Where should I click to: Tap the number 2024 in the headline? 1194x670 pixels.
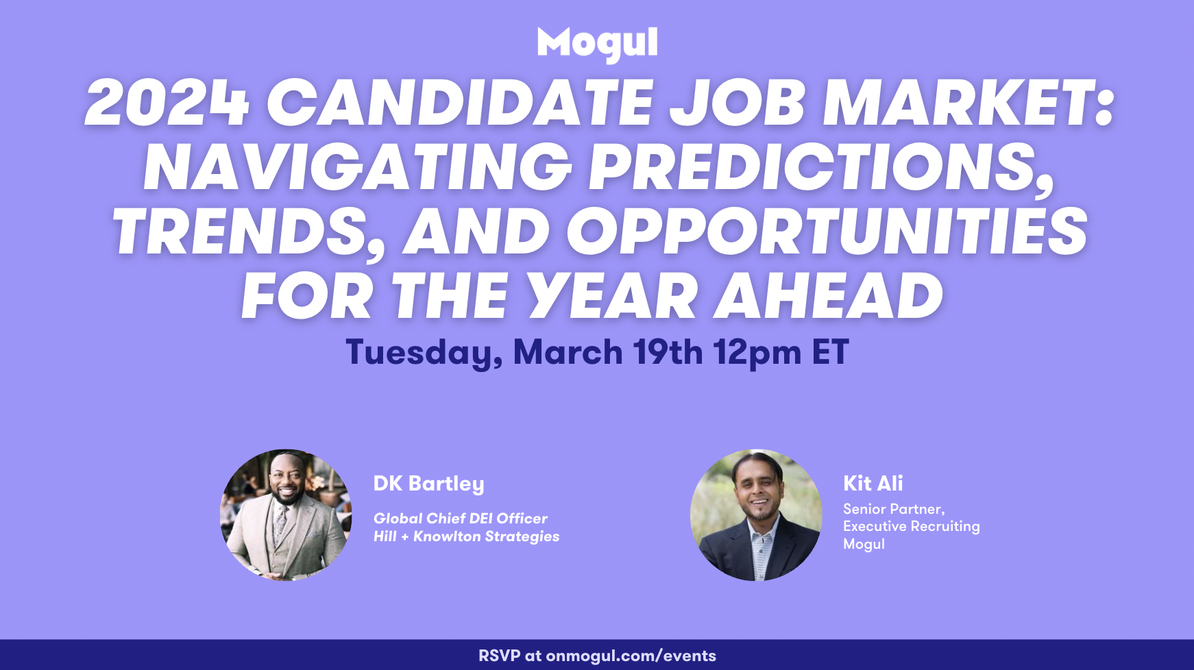pos(167,103)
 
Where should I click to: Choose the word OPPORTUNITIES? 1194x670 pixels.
pos(827,232)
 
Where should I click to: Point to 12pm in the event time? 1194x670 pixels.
pos(757,353)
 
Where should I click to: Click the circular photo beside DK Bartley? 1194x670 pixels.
pos(286,515)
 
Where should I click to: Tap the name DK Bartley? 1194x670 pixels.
pos(428,484)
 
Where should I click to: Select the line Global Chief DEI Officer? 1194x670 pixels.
pos(460,519)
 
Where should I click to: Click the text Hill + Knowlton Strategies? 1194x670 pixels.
pos(466,536)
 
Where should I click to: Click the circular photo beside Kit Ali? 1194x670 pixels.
pos(756,515)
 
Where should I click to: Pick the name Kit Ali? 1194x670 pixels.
pos(873,483)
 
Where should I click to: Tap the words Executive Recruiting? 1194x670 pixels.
pos(911,526)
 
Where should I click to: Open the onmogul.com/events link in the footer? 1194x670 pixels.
pos(631,656)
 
